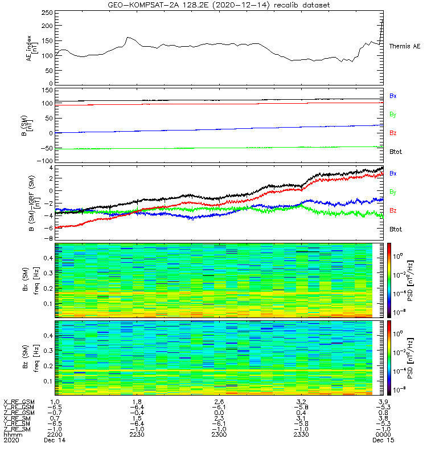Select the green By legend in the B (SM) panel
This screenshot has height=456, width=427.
point(392,115)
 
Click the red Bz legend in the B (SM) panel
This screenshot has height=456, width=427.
point(392,133)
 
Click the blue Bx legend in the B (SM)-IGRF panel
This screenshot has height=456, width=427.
point(392,173)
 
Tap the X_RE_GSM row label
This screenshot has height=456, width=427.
point(19,402)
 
